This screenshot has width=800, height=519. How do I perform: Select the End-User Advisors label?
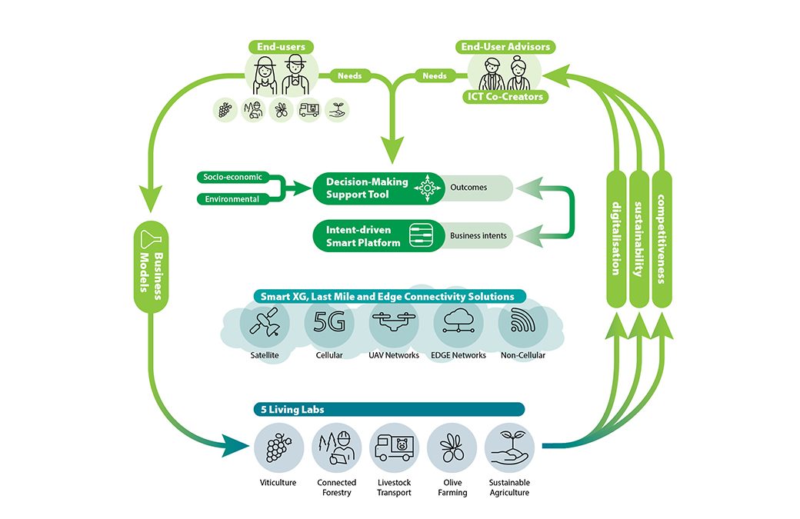tap(505, 48)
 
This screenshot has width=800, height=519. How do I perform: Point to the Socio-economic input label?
tap(232, 177)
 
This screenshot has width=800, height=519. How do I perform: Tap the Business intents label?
tap(478, 235)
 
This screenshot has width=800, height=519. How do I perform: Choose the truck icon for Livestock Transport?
tap(394, 447)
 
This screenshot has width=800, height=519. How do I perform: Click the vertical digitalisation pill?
tap(616, 238)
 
